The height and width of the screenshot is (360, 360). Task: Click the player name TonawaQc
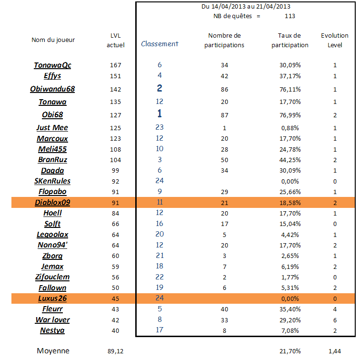(52, 65)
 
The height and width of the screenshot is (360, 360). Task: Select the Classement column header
(160, 44)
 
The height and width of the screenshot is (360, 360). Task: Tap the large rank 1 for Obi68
(160, 113)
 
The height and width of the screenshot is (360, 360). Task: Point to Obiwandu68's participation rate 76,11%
(290, 89)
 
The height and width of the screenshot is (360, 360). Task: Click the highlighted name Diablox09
(52, 202)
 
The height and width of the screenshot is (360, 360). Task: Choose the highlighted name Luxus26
(52, 298)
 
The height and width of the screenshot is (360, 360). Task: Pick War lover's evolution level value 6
(335, 320)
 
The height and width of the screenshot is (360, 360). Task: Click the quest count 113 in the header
(290, 16)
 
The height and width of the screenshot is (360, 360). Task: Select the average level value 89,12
(116, 351)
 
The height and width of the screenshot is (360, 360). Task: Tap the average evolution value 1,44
(335, 351)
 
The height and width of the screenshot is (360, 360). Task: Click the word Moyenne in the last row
(53, 351)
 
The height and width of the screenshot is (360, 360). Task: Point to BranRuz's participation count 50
(225, 160)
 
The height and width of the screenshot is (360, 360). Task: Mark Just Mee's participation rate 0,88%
(290, 128)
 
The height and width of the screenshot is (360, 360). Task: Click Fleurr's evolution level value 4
(335, 309)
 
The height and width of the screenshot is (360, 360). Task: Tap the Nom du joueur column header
(53, 40)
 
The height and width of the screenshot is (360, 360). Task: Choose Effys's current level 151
(116, 76)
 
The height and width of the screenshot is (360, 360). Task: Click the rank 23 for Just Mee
(160, 127)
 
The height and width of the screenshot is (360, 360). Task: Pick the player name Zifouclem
(52, 277)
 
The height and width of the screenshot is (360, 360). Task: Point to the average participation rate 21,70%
(290, 351)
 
